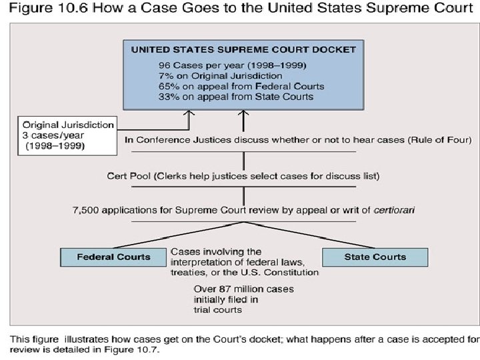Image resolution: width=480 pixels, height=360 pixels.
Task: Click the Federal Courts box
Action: [x=114, y=257]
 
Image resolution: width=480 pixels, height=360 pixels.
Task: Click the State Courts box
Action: [x=375, y=257]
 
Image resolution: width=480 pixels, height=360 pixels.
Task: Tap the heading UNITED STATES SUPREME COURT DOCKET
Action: [x=243, y=49]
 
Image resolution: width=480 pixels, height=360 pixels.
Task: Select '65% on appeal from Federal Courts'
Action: [x=241, y=86]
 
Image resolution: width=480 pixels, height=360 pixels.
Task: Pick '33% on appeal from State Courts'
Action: [x=236, y=96]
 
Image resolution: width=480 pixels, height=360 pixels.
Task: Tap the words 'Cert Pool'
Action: [x=128, y=176]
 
